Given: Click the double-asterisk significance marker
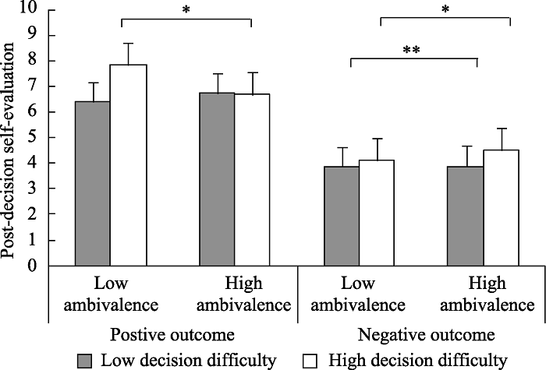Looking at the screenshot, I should click(413, 51).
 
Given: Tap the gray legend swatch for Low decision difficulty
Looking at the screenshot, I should click(85, 360).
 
